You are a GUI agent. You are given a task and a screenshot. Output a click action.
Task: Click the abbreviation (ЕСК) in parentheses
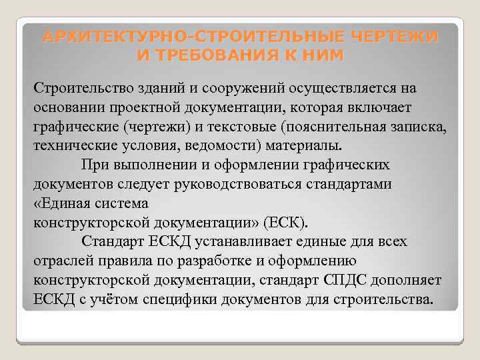pyautogui.click(x=287, y=221)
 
